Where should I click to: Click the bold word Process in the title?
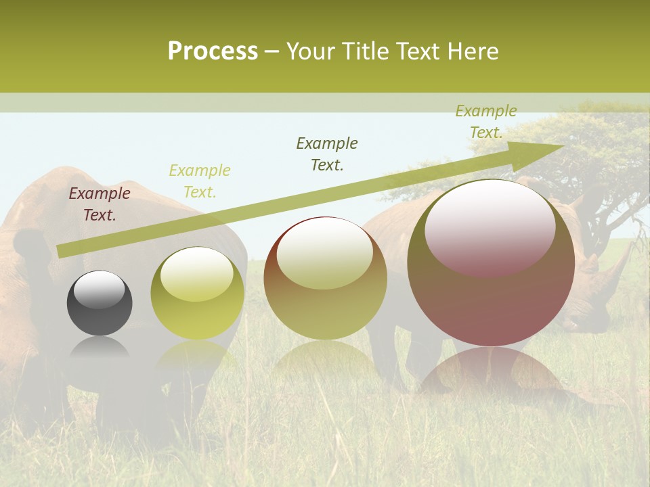[x=213, y=51]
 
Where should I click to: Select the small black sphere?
[x=100, y=303]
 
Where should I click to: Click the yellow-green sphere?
[x=197, y=293]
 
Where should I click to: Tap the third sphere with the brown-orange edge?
[x=325, y=278]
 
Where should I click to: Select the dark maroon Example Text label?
[x=100, y=204]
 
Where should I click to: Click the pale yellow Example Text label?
[x=200, y=181]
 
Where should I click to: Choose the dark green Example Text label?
[x=327, y=154]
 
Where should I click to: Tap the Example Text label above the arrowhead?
[x=486, y=122]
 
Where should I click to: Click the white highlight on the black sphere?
[x=99, y=290]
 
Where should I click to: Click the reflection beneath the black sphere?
[x=100, y=348]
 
